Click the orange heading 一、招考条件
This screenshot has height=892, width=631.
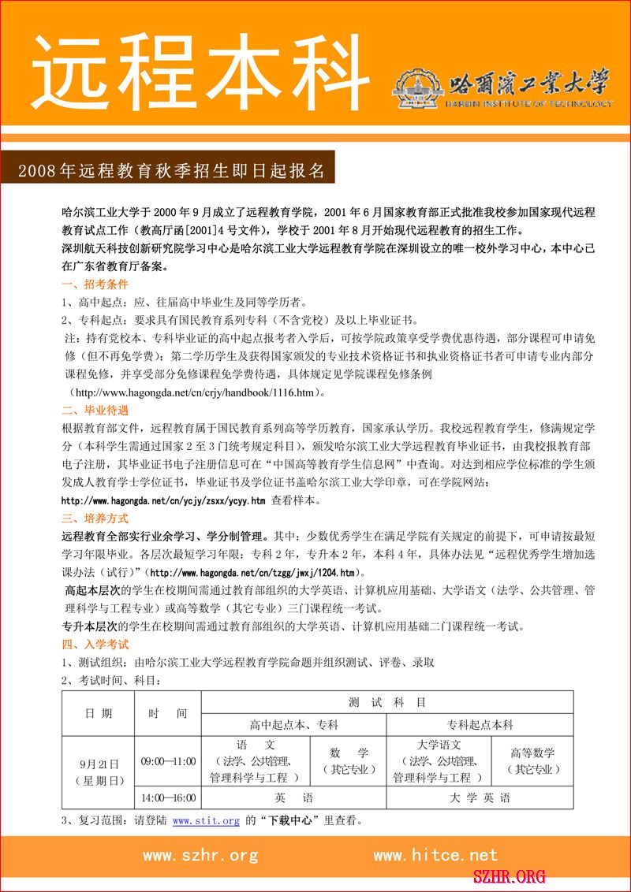coord(95,284)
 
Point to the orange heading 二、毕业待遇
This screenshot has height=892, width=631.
coord(95,411)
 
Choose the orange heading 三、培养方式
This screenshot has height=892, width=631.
coord(95,518)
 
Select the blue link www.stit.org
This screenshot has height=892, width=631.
coord(206,821)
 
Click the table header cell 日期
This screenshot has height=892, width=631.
coord(99,713)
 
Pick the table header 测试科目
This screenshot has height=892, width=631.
coord(387,702)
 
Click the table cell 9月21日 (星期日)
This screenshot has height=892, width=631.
coord(99,772)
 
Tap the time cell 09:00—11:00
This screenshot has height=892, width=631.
coord(168,761)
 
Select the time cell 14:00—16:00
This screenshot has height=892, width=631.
coord(168,797)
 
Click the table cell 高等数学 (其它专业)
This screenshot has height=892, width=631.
coord(532,761)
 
